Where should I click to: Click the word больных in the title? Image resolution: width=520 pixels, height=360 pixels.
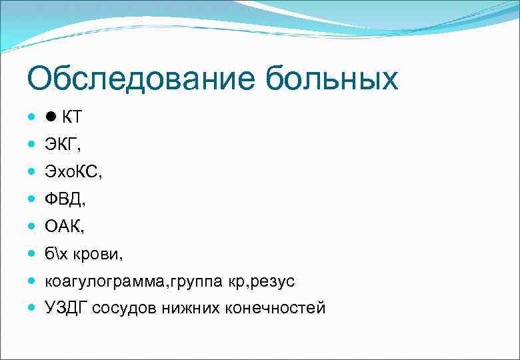tap(331, 80)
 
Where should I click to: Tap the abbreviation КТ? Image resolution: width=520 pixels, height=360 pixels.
tap(71, 117)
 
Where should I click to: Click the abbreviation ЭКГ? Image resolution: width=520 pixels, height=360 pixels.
tap(60, 145)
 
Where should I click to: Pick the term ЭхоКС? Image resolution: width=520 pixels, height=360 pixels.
tap(73, 172)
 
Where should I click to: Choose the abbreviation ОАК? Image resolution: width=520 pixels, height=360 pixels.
tap(63, 227)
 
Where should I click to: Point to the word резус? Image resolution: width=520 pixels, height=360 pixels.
tap(273, 281)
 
